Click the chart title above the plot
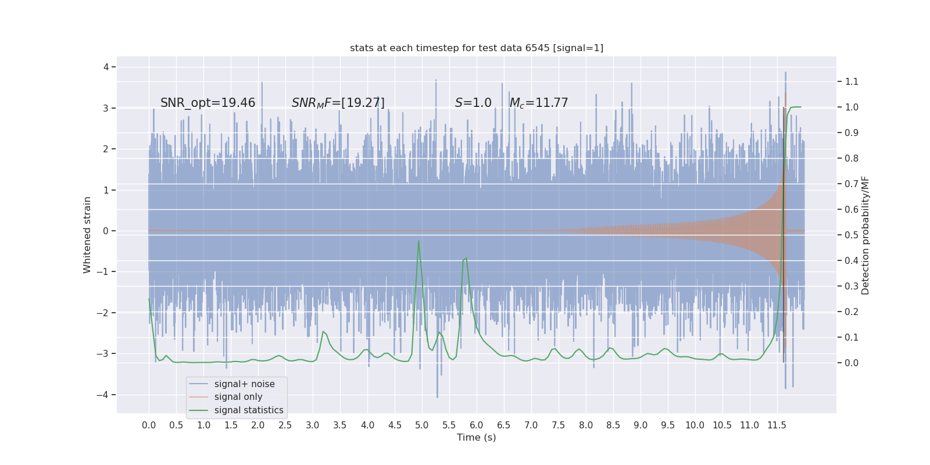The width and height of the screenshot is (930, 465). click(477, 48)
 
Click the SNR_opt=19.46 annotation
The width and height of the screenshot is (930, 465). click(208, 103)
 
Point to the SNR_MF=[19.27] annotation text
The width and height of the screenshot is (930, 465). click(338, 103)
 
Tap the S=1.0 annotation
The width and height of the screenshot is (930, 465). click(473, 103)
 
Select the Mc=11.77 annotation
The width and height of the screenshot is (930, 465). click(539, 103)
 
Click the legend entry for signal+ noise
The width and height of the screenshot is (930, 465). click(244, 384)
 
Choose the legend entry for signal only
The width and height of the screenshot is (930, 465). click(238, 397)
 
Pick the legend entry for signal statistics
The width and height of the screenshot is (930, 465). click(248, 410)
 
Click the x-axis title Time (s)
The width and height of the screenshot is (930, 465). click(476, 437)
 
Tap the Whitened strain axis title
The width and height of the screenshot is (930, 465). click(87, 235)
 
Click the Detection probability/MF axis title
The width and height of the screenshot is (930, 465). click(865, 235)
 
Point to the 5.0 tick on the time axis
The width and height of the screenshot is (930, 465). click(421, 425)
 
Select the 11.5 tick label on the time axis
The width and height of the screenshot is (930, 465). click(777, 425)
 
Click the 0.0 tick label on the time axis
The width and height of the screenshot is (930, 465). click(149, 425)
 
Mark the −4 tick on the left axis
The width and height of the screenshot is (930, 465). click(106, 395)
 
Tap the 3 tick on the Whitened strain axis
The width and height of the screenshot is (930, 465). click(106, 108)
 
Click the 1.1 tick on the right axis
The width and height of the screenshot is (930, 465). click(852, 81)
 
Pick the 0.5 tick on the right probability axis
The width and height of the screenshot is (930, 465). click(852, 235)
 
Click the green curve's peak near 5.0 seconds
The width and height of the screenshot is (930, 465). click(419, 241)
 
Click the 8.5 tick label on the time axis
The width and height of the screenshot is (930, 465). click(613, 425)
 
